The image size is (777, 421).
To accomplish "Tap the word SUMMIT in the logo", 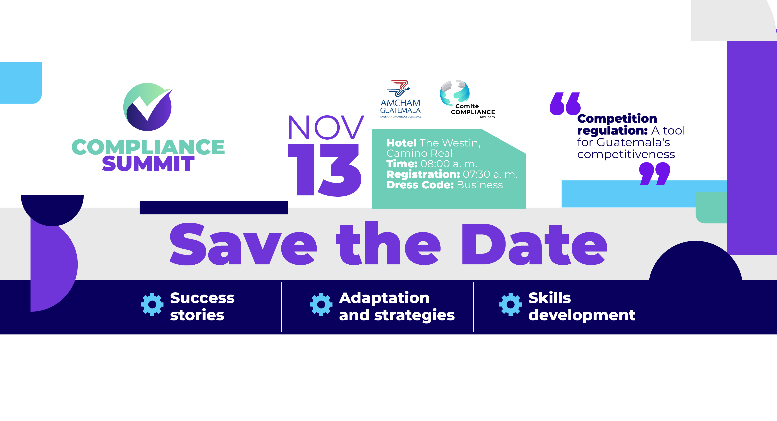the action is point(148,163).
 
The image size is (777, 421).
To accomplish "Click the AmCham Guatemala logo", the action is point(400,99).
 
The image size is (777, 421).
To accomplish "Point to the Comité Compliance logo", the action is point(467,99).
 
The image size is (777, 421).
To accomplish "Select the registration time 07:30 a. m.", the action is point(490,174).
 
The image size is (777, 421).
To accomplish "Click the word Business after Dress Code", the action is point(480,185).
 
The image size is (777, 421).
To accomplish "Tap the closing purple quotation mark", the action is point(655,174).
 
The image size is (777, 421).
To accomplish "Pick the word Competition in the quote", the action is point(617,119).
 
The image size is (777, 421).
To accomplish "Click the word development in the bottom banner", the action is point(582,315).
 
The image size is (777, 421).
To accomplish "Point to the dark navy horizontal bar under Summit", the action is point(214,208).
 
